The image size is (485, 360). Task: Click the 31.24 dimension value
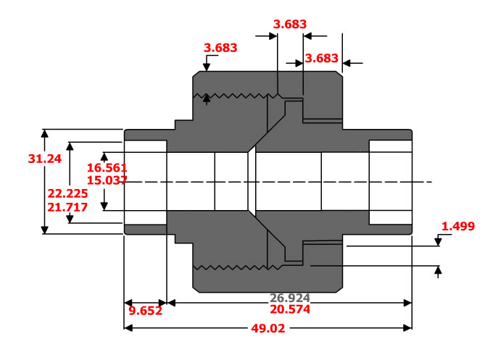pos(45,159)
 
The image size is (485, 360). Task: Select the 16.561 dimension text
pos(107,168)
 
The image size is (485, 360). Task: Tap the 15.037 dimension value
pos(107,180)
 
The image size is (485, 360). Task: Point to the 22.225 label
pos(67,193)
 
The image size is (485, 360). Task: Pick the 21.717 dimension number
pos(67,207)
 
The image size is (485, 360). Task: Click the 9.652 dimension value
pos(146,311)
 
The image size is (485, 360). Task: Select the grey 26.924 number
pos(290,298)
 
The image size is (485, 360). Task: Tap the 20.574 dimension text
pos(290,309)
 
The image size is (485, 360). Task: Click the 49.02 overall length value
pos(268,328)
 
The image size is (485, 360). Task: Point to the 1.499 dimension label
pos(458,227)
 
